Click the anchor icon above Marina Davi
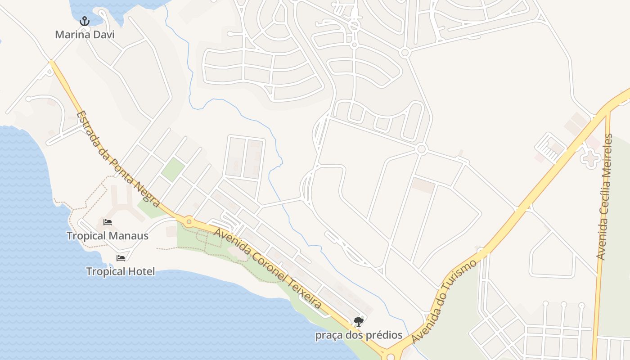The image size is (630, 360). tap(85, 21)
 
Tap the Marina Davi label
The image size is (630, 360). tap(85, 34)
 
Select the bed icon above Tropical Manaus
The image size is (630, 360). tap(108, 222)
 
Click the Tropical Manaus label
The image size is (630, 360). tap(108, 235)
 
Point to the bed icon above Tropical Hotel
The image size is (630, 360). tap(121, 258)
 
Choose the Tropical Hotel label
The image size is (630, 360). tap(121, 271)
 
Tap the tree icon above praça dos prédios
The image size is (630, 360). tap(359, 321)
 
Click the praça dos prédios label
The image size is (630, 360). tap(359, 335)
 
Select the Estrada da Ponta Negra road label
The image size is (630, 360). tap(118, 159)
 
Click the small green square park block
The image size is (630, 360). tap(173, 169)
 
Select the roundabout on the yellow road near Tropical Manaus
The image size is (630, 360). tap(189, 221)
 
